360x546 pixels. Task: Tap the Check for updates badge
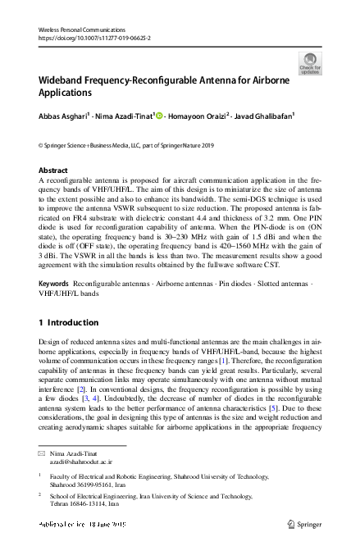pos(310,63)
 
